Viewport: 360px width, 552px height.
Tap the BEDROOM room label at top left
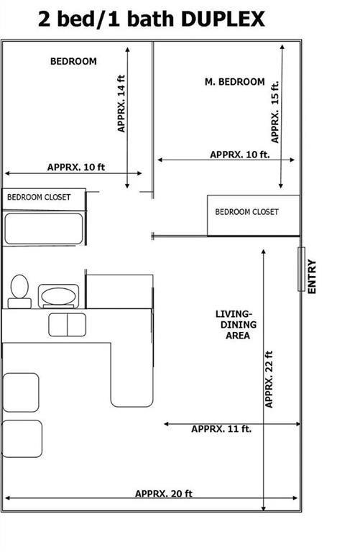coord(73,62)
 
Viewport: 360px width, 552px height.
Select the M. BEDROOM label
coord(235,82)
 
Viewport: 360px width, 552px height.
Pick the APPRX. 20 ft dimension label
coord(163,493)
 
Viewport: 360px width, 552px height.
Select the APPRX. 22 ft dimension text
coord(269,379)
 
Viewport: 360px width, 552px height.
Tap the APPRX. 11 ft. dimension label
coord(221,429)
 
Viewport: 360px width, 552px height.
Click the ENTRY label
coord(312,276)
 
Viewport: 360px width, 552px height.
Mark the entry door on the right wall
coord(301,269)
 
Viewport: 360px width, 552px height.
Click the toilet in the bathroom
coord(19,291)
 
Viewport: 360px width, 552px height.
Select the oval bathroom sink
coord(57,295)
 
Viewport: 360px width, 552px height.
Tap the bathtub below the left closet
coord(45,229)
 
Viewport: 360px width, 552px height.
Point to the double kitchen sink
coord(67,323)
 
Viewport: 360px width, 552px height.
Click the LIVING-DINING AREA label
coord(234,325)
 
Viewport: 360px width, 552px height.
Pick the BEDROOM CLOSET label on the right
coord(246,212)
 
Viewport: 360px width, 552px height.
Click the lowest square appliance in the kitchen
coord(22,438)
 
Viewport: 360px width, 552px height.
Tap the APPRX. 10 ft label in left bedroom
coord(76,167)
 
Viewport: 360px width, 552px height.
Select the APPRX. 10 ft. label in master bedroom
coord(239,155)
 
